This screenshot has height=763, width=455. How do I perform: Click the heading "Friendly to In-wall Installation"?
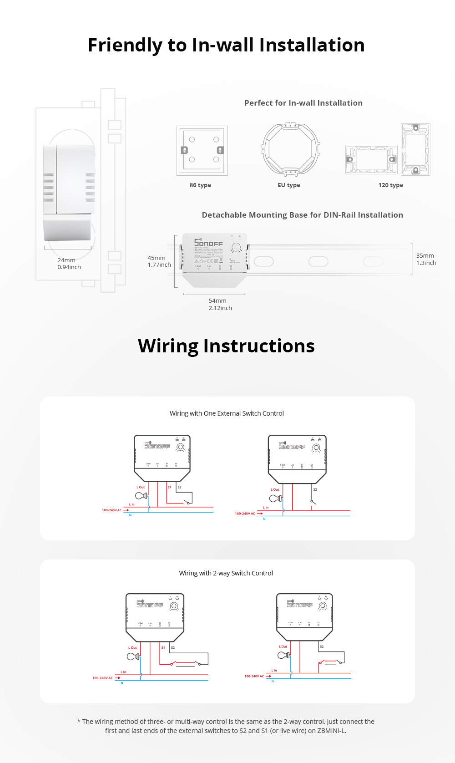[x=226, y=45]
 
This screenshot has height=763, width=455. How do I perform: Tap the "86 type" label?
[x=200, y=185]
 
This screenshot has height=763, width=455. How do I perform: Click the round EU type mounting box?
[x=291, y=149]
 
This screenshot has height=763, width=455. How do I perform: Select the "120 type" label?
[x=390, y=185]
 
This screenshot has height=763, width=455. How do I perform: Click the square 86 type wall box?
[x=202, y=151]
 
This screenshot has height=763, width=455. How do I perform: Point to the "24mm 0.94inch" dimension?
[x=69, y=264]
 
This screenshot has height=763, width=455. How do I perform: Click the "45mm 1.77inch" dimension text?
[x=159, y=261]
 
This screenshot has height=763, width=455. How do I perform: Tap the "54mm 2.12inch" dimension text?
[x=220, y=304]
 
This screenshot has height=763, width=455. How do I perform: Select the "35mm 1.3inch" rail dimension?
[x=426, y=259]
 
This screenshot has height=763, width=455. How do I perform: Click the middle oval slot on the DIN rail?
[x=318, y=261]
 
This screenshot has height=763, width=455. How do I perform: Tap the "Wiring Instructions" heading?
[x=226, y=346]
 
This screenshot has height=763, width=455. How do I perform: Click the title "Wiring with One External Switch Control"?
[x=227, y=413]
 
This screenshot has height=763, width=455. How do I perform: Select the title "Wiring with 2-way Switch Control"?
[x=226, y=573]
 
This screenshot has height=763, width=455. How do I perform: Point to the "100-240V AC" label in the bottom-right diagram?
[x=254, y=676]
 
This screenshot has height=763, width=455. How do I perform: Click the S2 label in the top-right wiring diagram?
[x=315, y=489]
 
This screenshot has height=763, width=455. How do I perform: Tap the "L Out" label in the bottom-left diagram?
[x=132, y=647]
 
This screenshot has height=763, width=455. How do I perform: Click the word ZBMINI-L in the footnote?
[x=331, y=731]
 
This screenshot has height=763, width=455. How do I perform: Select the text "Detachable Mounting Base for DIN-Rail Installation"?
[x=302, y=215]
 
